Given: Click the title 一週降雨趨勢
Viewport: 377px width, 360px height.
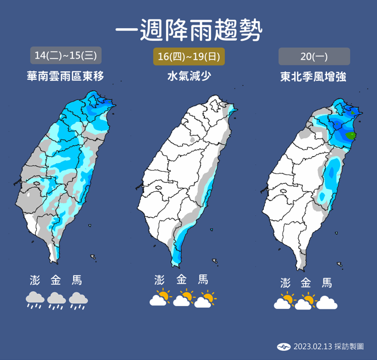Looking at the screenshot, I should pos(188,29).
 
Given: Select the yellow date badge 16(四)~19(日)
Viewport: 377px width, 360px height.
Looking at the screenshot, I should pos(188,56).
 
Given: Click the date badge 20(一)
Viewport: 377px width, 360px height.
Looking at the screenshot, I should pos(314,56).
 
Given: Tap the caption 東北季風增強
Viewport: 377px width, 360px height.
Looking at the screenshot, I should pos(314,76).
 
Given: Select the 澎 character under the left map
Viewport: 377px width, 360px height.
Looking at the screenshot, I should pos(36,280).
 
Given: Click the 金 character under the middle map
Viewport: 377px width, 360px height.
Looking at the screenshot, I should pos(181,280).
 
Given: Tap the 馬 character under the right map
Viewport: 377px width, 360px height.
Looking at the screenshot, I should pos(326,282).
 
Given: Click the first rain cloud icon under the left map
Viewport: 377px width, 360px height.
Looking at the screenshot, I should pos(36,300).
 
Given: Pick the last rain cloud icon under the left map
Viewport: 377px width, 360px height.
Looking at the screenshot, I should pos(78,300).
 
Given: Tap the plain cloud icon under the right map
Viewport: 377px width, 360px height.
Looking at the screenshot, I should pos(327,302).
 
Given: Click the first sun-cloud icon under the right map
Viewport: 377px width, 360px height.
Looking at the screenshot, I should pos(284,301).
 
